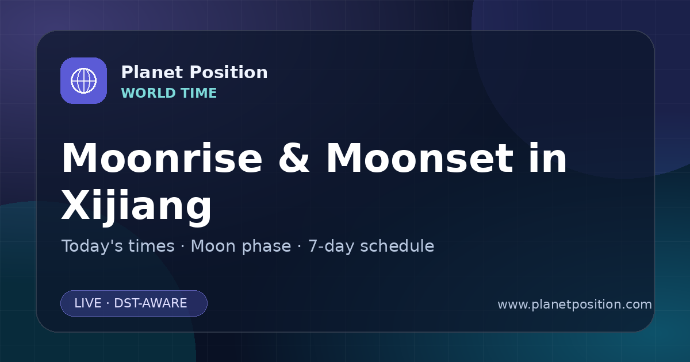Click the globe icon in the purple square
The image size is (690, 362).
pos(83,80)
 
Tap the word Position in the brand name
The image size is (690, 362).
pos(229,72)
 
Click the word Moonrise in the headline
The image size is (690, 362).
pos(162,158)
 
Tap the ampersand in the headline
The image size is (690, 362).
pos(294,158)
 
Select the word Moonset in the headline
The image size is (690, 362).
pos(420,158)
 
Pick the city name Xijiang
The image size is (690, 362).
pos(136,204)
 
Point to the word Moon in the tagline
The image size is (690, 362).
pos(213,246)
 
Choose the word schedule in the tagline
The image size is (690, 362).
pos(397,246)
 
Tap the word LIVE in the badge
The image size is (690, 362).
pos(88,303)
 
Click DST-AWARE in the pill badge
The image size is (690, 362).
pos(151,303)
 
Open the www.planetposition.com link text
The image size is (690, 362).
pos(575,305)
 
